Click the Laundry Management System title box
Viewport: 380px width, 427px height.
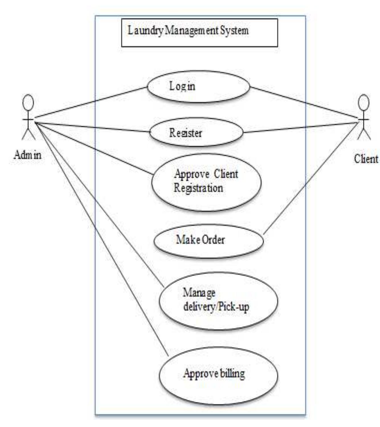(199, 33)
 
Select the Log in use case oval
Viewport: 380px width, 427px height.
(199, 86)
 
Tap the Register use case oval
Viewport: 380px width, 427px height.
(197, 132)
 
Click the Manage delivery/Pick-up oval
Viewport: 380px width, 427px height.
(218, 301)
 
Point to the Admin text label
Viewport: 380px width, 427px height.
(28, 155)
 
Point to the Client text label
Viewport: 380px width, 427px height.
(366, 159)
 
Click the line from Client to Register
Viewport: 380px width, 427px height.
(301, 128)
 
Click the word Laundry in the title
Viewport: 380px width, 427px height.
(145, 31)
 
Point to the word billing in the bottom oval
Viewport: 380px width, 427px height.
(232, 373)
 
